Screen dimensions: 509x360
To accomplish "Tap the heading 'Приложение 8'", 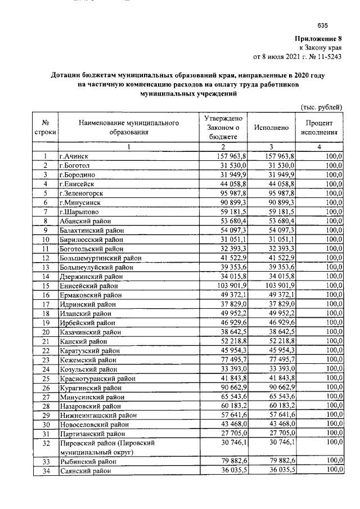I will (x=318, y=39).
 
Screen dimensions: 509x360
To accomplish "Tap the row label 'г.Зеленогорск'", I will (x=83, y=192).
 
